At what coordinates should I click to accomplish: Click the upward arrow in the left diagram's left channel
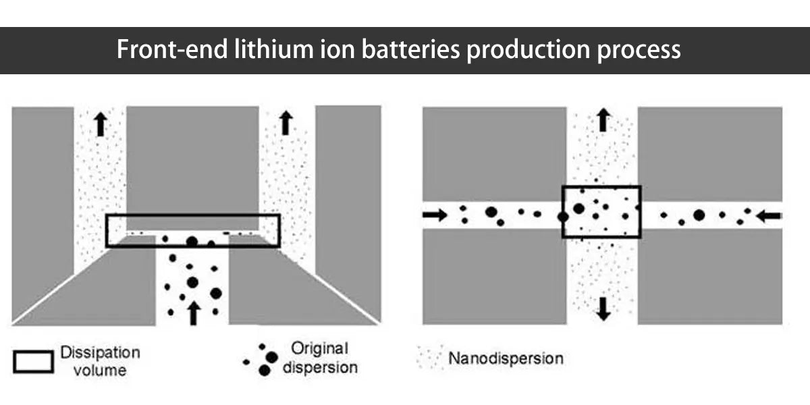[101, 124]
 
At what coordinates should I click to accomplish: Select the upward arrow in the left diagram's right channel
[286, 123]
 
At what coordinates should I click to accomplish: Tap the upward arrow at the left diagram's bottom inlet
[194, 313]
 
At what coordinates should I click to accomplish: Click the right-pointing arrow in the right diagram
[435, 215]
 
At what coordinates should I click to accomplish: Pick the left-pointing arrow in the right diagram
[769, 216]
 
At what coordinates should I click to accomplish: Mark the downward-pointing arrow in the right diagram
[603, 308]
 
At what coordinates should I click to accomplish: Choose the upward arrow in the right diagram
[603, 120]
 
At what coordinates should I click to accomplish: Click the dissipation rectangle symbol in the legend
[32, 362]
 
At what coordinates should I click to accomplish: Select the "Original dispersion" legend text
[320, 358]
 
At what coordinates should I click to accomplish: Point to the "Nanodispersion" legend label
[505, 358]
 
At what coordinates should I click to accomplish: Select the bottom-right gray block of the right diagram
[710, 277]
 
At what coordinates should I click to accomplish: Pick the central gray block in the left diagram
[192, 159]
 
